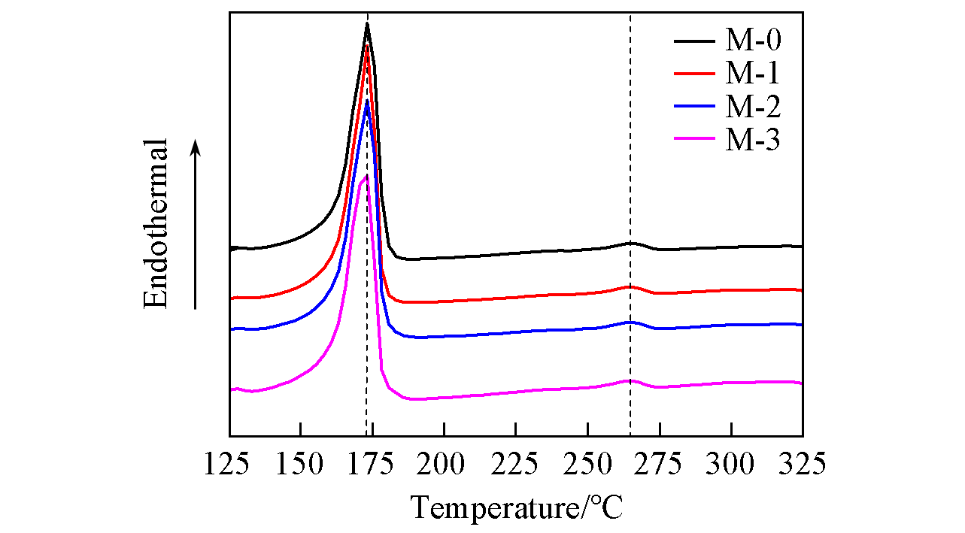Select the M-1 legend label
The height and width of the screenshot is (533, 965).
(x=753, y=73)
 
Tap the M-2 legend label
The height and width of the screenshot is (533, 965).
(x=753, y=107)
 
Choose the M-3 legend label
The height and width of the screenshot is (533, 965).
(x=753, y=140)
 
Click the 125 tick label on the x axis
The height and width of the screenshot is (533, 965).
(x=229, y=464)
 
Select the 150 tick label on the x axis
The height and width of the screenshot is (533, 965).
(x=301, y=464)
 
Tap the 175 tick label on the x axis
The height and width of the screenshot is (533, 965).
(x=372, y=464)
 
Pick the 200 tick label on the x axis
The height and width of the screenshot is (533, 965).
(x=445, y=464)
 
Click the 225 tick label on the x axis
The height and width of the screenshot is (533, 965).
(x=516, y=464)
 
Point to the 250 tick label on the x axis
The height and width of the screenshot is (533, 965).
(x=587, y=464)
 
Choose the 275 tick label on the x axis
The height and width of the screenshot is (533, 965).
(x=660, y=464)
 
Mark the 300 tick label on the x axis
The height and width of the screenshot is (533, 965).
(x=731, y=464)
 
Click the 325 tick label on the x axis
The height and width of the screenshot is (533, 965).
(x=802, y=464)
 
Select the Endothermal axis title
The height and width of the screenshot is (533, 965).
(x=156, y=224)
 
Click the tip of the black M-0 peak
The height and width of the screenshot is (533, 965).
(x=367, y=24)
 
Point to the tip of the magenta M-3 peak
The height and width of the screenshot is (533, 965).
(x=366, y=176)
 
